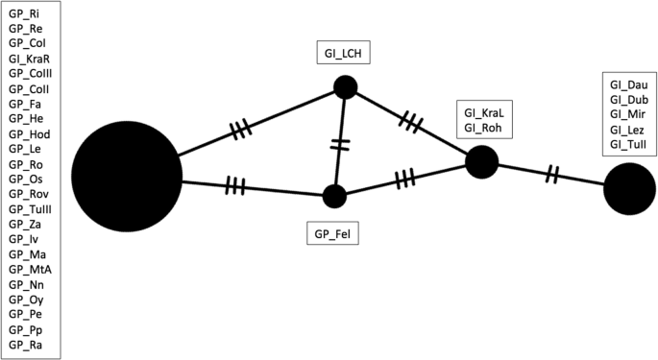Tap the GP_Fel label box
tap(331, 232)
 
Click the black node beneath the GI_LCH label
tap(346, 88)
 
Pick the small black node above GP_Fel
tap(334, 197)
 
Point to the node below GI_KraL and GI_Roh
tap(481, 162)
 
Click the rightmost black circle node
tap(629, 189)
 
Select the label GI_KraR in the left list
tap(29, 72)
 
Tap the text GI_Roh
tap(482, 129)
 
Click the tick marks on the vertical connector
tap(338, 143)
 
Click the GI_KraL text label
tap(483, 113)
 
